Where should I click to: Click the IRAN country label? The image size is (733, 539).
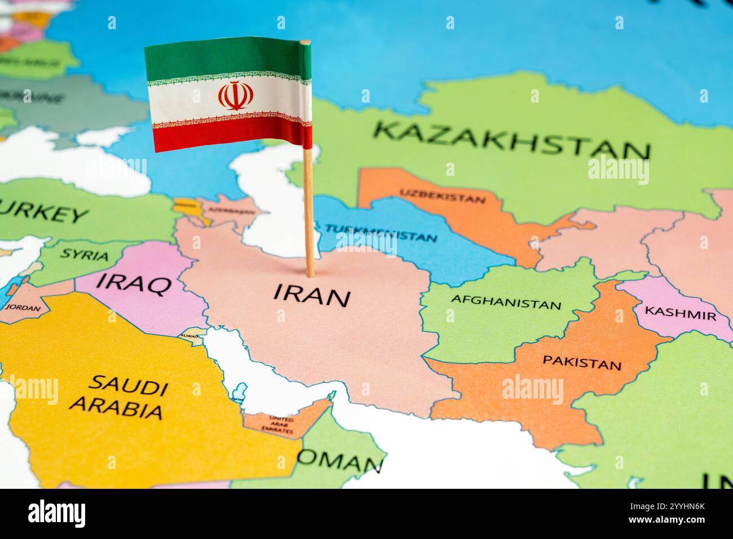312,295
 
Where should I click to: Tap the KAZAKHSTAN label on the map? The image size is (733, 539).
512,140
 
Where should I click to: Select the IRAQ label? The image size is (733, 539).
134,284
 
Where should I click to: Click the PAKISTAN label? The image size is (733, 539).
581,362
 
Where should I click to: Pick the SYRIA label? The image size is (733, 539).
85,254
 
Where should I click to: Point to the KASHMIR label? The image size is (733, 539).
680,313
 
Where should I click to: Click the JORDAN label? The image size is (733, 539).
23,308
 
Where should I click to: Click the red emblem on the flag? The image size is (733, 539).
233,96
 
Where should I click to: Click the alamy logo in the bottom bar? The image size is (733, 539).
56,513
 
